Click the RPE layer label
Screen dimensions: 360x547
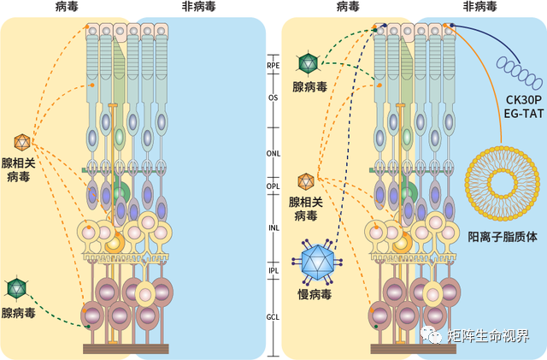click(273, 63)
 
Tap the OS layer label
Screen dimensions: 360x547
click(273, 97)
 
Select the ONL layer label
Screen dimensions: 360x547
click(273, 154)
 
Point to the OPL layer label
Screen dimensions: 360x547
click(273, 185)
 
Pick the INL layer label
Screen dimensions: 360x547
click(273, 227)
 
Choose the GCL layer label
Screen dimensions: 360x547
click(273, 317)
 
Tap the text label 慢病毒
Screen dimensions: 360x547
click(315, 294)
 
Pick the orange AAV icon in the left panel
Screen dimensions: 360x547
click(22, 141)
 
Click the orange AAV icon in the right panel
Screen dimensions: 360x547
click(305, 181)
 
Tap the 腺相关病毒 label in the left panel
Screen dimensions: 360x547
click(23, 169)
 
